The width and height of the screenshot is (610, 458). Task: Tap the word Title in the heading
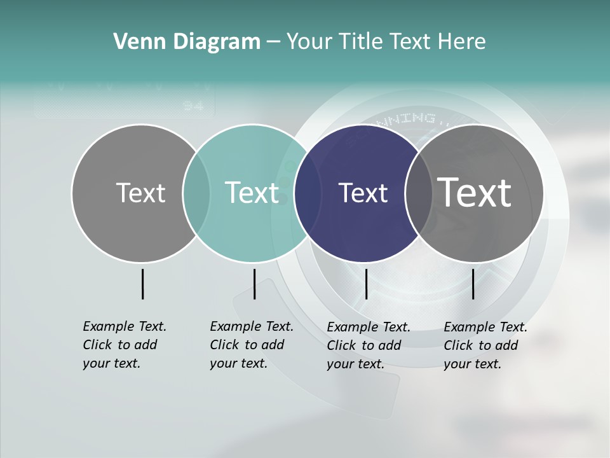click(358, 42)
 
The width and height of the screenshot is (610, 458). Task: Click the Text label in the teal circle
click(252, 193)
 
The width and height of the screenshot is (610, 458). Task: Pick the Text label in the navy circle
click(363, 193)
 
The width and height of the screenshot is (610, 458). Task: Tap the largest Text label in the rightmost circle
click(475, 192)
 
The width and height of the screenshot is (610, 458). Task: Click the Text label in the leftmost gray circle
click(140, 193)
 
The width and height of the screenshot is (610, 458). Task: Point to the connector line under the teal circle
click(254, 284)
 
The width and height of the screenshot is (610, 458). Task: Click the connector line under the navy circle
click(366, 284)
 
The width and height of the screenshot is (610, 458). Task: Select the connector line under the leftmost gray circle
click(142, 284)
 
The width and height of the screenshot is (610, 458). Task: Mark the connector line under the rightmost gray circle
click(473, 284)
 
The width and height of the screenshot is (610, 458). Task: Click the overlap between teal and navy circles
click(308, 193)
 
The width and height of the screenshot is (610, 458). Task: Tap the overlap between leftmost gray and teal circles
click(196, 193)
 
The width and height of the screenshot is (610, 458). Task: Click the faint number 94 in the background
click(193, 106)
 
